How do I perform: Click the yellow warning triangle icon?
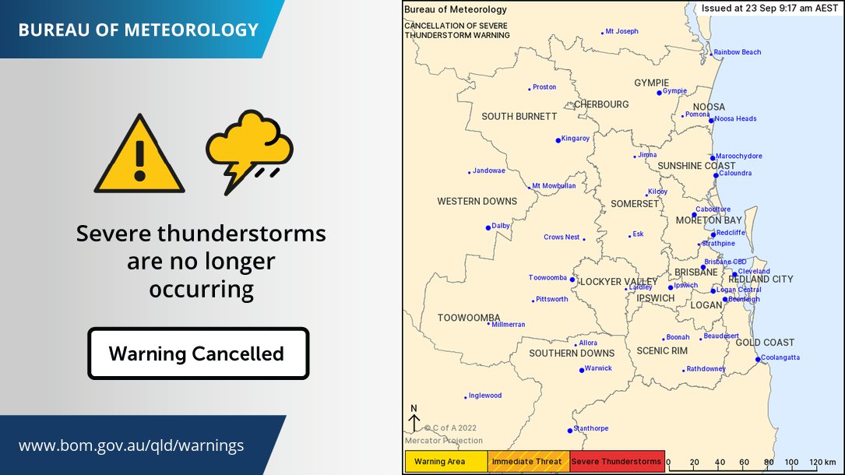(x=139, y=156)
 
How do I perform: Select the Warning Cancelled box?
(x=198, y=354)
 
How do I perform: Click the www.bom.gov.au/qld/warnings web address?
(x=131, y=445)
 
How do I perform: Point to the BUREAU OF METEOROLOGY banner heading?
(x=138, y=30)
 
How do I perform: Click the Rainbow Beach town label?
(x=738, y=52)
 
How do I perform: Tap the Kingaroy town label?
(x=576, y=139)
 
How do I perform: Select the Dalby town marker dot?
(x=488, y=227)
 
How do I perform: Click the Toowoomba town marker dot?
(x=572, y=280)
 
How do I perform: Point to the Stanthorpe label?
(x=590, y=428)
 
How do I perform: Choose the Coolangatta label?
(x=781, y=357)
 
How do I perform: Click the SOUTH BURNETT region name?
(x=519, y=117)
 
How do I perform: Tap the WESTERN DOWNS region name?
(x=477, y=202)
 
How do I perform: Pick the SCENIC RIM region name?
(x=662, y=351)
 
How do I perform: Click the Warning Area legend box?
(x=445, y=462)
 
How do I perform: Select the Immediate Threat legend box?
(x=529, y=462)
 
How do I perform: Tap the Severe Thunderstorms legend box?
(x=617, y=462)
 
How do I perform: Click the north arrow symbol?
(x=414, y=418)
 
